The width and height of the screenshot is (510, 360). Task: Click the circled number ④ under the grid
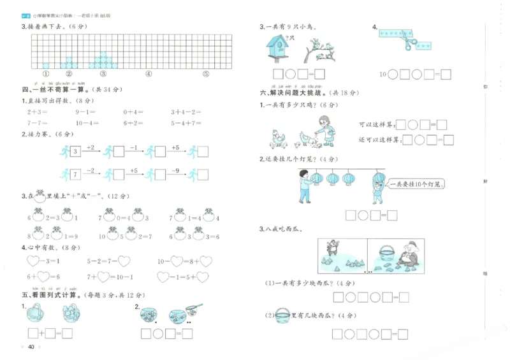coord(149,73)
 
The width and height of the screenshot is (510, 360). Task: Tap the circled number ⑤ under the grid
coord(206,73)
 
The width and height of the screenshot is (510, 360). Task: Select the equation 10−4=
coord(86,124)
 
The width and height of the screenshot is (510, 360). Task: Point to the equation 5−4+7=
coord(186,124)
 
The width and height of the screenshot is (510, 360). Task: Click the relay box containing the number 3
coord(75,152)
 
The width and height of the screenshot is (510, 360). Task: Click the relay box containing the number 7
coord(75,174)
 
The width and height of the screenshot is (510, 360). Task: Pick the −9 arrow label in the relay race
coord(176,169)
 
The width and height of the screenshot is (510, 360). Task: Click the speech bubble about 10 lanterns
coord(417,184)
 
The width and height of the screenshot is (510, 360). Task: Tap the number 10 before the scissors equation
coord(383,75)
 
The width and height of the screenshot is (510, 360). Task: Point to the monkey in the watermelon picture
coord(331,250)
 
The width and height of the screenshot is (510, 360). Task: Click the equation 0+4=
coord(133,112)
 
